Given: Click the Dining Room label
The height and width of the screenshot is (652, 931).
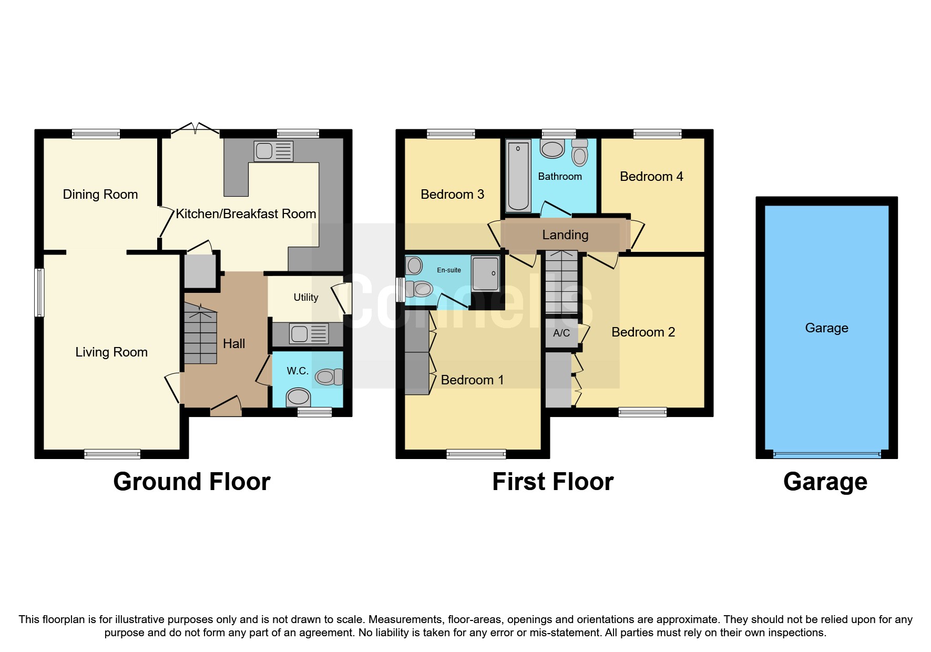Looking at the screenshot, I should coord(100,195).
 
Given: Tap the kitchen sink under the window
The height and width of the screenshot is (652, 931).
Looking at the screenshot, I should coord(273,151).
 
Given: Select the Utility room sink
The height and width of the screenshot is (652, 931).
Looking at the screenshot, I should coord(309,334).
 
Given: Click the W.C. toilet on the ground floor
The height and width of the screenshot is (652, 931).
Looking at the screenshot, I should coord(329,376).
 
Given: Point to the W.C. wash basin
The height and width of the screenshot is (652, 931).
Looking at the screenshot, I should coord(298,397).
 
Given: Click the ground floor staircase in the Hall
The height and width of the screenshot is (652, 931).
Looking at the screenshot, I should coord(200,337).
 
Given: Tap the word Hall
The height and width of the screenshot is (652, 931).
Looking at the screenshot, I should coord(234,344).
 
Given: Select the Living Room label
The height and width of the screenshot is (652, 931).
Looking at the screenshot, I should coord(111,352).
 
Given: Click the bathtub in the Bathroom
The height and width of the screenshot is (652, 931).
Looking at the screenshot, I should coord(518,176).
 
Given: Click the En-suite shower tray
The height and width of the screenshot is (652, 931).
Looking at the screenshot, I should coord(485,273).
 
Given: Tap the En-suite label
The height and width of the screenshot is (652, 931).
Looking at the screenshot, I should coord(448,270).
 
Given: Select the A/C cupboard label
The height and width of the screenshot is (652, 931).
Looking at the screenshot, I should coord(561,333).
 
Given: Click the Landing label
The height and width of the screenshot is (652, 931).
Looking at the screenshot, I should coord(565,235).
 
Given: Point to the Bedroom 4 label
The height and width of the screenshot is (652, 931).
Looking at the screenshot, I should coord(651,177).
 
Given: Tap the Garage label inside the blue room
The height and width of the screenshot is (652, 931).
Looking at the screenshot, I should coord(826,328).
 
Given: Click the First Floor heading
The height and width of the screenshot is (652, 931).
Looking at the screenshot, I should coord(553,482).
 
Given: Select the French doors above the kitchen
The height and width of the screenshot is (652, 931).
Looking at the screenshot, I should coord(195,129).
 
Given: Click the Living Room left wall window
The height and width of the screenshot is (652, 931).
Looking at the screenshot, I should coord(39,292).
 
